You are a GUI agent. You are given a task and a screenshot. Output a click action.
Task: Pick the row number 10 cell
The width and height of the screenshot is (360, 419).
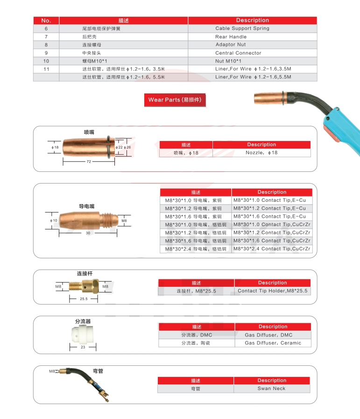(x=46, y=61)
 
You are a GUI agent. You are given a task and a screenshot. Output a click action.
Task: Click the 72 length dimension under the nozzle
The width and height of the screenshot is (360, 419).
(x=89, y=161)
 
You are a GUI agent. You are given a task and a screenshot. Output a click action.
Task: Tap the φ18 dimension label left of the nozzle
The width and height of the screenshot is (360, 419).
(x=55, y=148)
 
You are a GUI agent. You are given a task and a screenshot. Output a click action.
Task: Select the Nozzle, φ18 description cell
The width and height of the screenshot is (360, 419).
(x=261, y=153)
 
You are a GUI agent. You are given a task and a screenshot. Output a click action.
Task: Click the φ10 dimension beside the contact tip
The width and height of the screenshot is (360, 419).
(x=54, y=220)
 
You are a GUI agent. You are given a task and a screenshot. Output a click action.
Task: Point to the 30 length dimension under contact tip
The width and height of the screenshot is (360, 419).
(x=88, y=233)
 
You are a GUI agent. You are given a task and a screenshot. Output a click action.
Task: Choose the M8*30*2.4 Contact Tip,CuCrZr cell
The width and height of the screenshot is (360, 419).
(x=271, y=249)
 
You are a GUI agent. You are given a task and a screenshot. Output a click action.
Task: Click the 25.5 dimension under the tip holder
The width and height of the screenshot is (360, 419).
(x=84, y=298)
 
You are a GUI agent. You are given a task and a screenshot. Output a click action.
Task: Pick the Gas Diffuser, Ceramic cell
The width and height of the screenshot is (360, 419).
(x=273, y=343)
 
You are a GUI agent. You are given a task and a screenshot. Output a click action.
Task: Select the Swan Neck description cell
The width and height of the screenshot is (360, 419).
(x=271, y=389)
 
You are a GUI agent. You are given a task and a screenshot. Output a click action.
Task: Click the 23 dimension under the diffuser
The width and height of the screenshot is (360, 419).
(x=83, y=347)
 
